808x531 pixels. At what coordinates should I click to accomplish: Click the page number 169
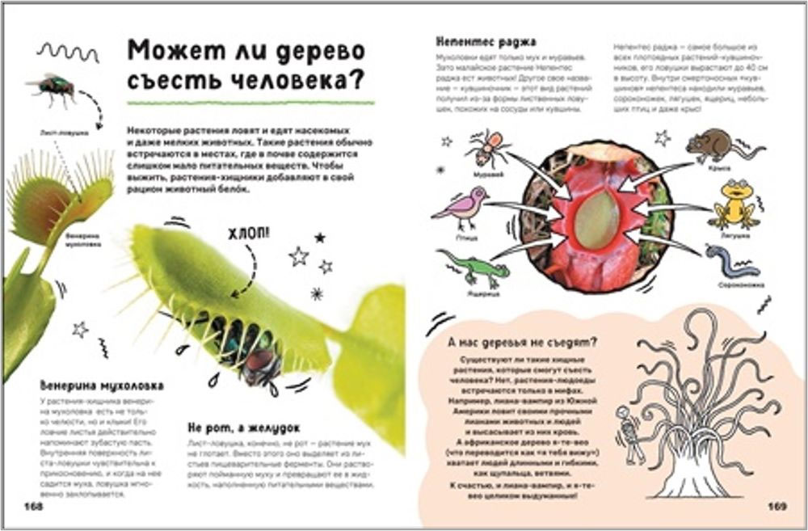tap(777, 506)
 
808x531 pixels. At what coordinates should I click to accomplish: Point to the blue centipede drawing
tap(732, 263)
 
